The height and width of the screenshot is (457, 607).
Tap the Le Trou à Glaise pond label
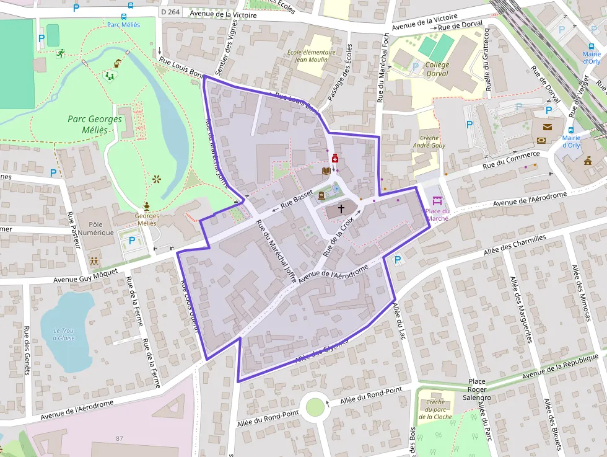pyautogui.click(x=64, y=334)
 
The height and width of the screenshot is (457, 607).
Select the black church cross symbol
pyautogui.click(x=341, y=210)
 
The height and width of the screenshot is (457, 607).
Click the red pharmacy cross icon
pyautogui.click(x=335, y=159)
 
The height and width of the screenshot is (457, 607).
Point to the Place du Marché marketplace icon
pyautogui.click(x=437, y=201)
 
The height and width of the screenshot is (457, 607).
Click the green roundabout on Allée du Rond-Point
pyautogui.click(x=315, y=407)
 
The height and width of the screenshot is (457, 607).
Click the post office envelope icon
pyautogui.click(x=548, y=127)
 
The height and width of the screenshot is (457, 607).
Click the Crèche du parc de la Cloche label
pyautogui.click(x=435, y=409)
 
